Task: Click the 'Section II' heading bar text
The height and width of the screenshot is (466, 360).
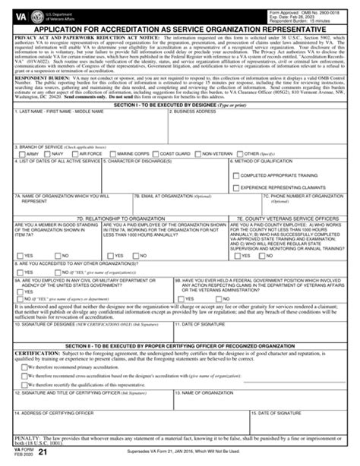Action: tap(180, 323)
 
